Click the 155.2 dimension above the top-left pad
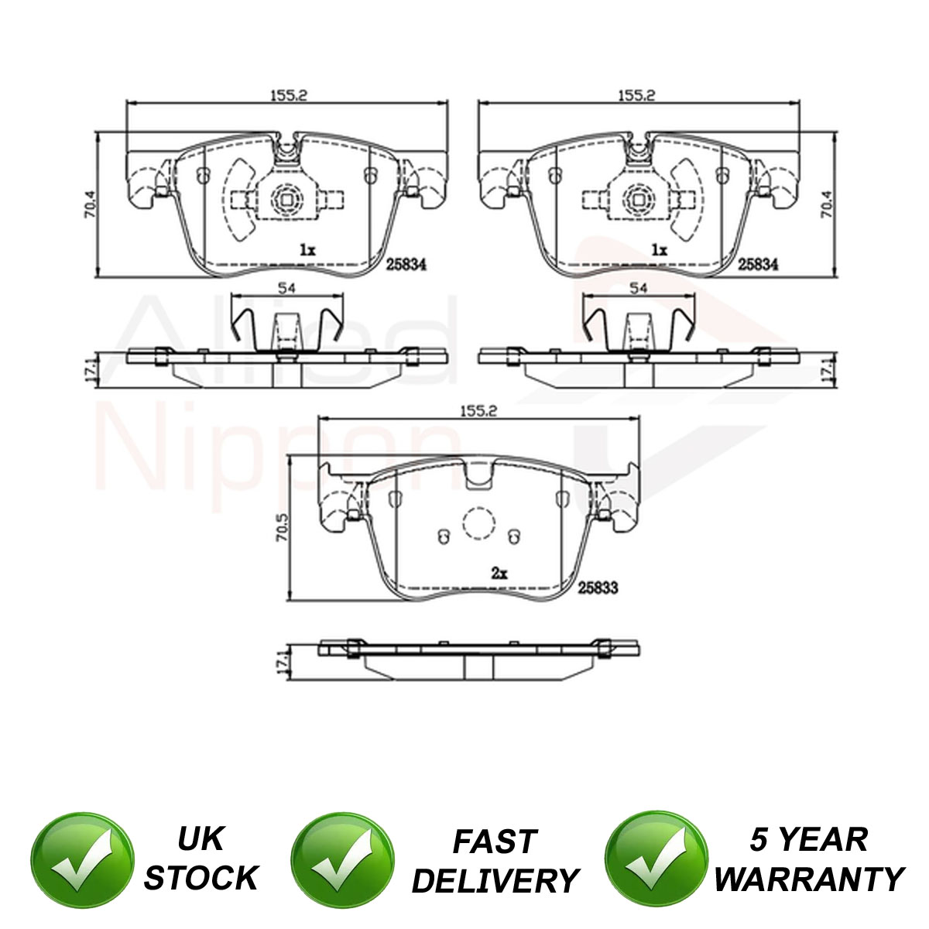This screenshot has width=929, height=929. tap(288, 95)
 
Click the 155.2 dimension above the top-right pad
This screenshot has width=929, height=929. tap(637, 95)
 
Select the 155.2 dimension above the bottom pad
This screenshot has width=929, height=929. tap(478, 411)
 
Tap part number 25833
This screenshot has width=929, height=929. tap(598, 588)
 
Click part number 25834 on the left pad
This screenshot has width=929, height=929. tap(406, 265)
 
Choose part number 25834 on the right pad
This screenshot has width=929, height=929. tap(758, 264)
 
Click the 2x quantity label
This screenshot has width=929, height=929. tap(499, 573)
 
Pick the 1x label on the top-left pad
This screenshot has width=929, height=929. tap(307, 250)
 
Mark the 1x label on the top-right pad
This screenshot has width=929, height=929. tap(659, 250)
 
